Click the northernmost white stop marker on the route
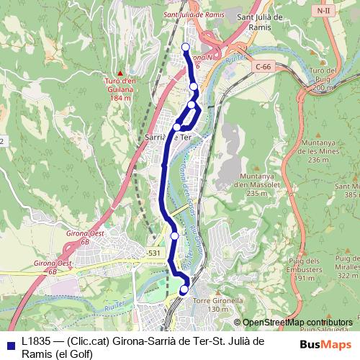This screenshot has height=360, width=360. click(x=186, y=48)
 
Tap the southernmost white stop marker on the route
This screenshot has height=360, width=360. click(x=184, y=289)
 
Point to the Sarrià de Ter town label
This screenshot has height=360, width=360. click(x=167, y=137)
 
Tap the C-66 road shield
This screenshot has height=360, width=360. click(x=264, y=66)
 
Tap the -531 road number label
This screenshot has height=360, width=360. click(x=153, y=253)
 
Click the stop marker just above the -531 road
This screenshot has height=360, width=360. click(x=174, y=235)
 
